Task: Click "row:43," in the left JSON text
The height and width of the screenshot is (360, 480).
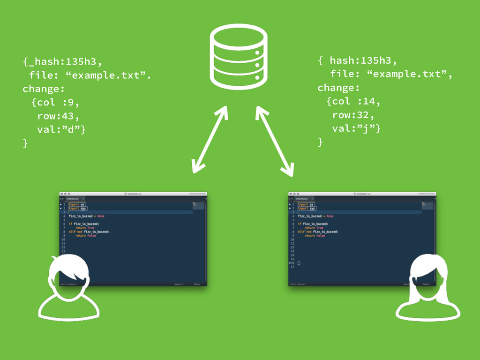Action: tap(58, 116)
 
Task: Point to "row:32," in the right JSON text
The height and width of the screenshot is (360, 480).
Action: tap(352, 115)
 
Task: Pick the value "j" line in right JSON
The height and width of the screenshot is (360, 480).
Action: tap(356, 128)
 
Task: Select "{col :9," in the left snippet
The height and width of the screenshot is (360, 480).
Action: tap(55, 102)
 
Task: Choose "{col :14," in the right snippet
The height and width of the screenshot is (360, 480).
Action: tap(354, 101)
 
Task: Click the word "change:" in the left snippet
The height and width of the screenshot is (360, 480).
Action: tap(43, 89)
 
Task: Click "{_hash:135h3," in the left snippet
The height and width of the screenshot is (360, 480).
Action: tap(62, 61)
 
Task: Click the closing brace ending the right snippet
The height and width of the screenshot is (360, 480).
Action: tap(321, 142)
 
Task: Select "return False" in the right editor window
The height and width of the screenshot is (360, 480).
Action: tap(315, 236)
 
